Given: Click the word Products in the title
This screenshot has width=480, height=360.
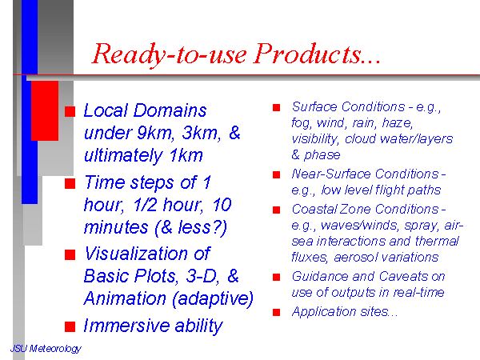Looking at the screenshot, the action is [x=308, y=54].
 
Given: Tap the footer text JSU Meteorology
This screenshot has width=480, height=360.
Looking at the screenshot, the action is [x=46, y=349].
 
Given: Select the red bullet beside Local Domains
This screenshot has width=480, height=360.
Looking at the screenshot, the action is [x=70, y=111].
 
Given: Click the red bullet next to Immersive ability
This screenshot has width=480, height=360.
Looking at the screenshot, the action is [x=70, y=326].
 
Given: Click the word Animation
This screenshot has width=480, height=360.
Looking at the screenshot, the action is [x=125, y=298].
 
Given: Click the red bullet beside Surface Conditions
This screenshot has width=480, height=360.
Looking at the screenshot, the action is [x=277, y=107].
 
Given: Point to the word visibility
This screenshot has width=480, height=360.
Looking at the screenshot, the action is [x=315, y=139].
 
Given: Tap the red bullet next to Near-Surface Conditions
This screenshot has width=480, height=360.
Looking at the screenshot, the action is [x=277, y=174].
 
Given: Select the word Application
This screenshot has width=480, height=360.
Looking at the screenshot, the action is [x=324, y=312].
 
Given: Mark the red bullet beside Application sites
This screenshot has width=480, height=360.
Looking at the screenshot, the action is [x=277, y=312].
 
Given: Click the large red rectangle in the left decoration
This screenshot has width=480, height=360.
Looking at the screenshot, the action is [x=45, y=111].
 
